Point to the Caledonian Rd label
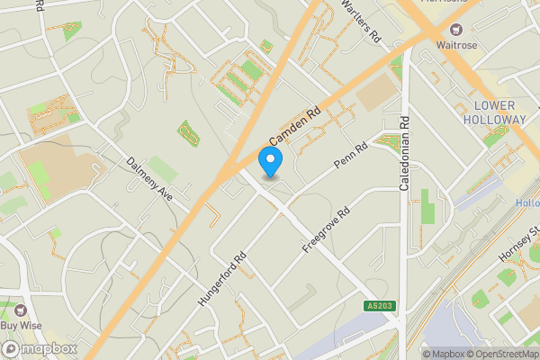(405, 153)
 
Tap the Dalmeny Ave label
(149, 178)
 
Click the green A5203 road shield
(380, 307)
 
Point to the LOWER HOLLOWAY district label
(499, 112)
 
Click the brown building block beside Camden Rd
(375, 92)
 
